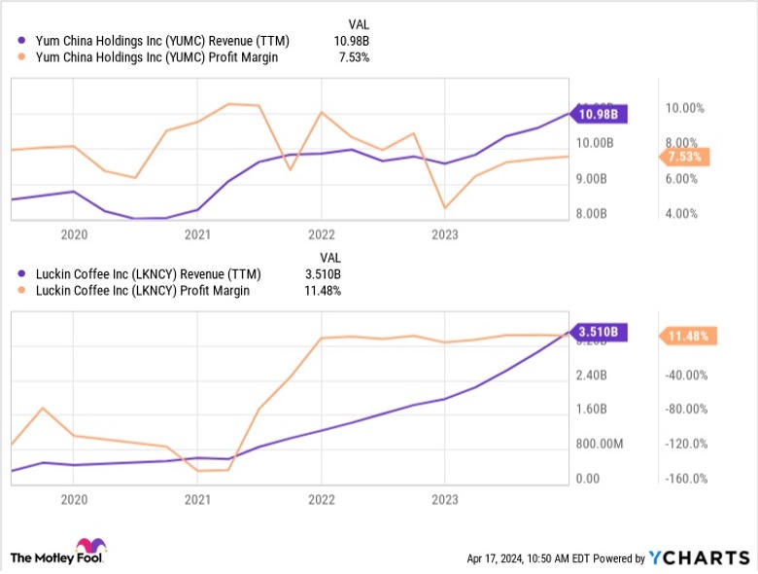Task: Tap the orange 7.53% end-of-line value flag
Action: [x=686, y=157]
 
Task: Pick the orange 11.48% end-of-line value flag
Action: [x=689, y=336]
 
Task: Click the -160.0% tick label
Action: [x=685, y=479]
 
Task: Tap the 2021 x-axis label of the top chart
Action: [x=197, y=234]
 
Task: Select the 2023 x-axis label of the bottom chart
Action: [x=444, y=499]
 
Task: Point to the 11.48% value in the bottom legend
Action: [x=323, y=290]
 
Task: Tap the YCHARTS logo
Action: [x=699, y=558]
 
